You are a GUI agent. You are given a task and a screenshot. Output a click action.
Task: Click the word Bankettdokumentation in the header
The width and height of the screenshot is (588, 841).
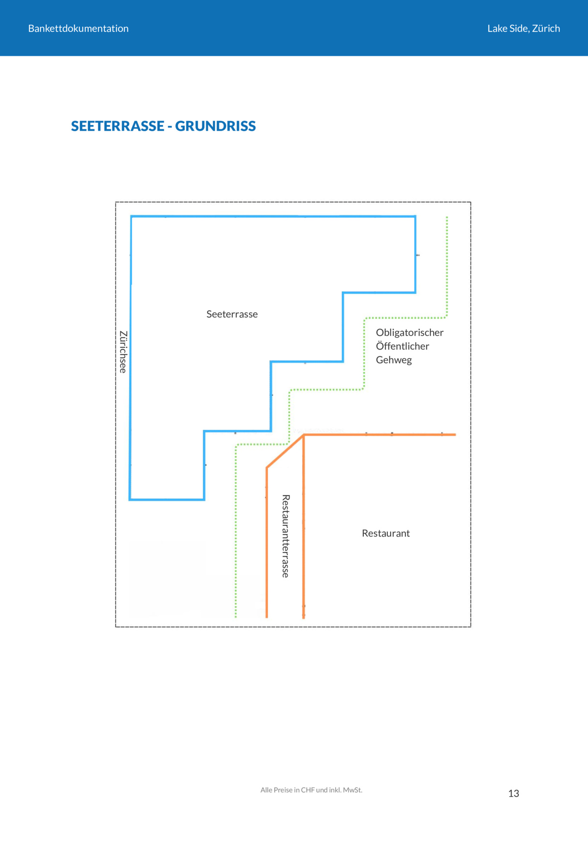(x=78, y=29)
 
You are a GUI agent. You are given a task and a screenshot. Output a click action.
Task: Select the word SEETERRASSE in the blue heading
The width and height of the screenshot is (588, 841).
(x=118, y=126)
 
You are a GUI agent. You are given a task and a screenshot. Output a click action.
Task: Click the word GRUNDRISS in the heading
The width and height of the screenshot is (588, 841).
(x=216, y=126)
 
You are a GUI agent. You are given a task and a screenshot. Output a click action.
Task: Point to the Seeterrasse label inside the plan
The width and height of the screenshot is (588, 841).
(x=232, y=314)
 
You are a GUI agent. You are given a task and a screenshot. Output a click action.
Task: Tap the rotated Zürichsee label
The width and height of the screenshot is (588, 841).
(x=123, y=352)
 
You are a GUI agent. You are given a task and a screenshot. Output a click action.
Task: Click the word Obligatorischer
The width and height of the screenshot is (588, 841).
(x=410, y=333)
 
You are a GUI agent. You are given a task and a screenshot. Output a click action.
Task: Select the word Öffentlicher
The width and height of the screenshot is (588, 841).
(x=402, y=346)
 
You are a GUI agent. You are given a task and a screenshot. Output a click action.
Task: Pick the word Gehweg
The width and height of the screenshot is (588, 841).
(x=394, y=360)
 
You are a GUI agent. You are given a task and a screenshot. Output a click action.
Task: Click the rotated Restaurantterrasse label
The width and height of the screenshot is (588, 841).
(x=286, y=536)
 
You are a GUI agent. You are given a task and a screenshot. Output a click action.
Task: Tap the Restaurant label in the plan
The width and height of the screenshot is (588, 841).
(x=386, y=534)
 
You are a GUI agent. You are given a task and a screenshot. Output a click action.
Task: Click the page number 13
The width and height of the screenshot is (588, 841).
(x=514, y=794)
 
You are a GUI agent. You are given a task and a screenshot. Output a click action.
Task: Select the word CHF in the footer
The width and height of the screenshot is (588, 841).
(x=308, y=790)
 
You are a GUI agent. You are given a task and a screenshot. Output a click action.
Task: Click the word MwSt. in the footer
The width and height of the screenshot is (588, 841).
(x=353, y=790)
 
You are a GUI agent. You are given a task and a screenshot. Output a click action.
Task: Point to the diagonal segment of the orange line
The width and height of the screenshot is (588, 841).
(x=285, y=451)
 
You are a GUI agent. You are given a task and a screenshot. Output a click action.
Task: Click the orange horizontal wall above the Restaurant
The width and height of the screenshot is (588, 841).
(x=380, y=435)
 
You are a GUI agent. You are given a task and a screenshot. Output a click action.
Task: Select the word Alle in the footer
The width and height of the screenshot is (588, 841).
(x=266, y=790)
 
